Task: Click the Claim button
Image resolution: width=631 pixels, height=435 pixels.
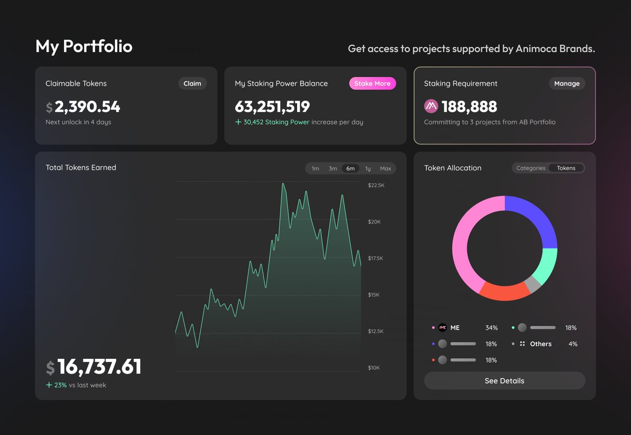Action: point(192,84)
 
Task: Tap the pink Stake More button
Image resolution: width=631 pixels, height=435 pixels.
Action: point(372,84)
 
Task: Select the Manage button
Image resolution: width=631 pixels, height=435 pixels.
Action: point(567,84)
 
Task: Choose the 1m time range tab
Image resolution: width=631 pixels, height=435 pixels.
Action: point(315,169)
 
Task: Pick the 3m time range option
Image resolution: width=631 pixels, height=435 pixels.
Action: point(333,169)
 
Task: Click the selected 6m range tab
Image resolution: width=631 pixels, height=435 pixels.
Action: point(350,169)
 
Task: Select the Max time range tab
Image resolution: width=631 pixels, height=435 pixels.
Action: point(385,169)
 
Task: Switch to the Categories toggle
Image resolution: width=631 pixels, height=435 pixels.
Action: point(531,168)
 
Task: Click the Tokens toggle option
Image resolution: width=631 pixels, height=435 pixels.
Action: point(566,168)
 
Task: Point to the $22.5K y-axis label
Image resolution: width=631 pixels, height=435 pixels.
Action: point(376,185)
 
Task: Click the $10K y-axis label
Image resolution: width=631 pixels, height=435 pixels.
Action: point(374,368)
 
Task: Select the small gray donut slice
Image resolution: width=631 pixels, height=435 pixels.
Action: point(533,284)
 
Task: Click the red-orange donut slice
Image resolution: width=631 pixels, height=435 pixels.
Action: point(505,293)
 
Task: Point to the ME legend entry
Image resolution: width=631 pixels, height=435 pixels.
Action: point(455,328)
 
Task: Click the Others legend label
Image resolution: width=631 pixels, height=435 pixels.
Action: point(541,344)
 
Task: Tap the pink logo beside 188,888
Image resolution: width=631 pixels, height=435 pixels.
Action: point(431,107)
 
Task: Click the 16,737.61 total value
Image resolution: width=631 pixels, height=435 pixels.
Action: point(99,367)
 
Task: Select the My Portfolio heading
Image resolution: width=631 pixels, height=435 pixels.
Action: point(84,47)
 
